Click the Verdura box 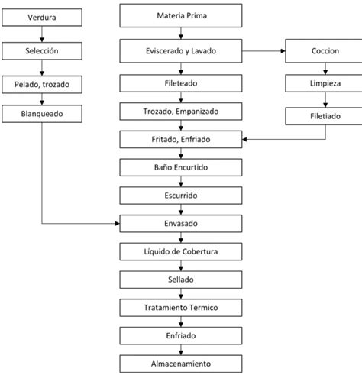(x=41, y=16)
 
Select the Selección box (x=41, y=51)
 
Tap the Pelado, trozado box (x=41, y=83)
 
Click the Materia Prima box (x=181, y=15)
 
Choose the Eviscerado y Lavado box (x=181, y=51)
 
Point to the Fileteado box (x=181, y=83)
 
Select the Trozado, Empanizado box (x=181, y=112)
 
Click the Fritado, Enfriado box (x=181, y=139)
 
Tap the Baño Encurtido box (x=181, y=167)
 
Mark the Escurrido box (x=181, y=196)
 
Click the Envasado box (x=181, y=224)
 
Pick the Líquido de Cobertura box (x=181, y=252)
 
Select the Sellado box (x=181, y=280)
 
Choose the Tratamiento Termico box (x=181, y=308)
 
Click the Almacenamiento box (x=181, y=364)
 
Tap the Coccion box (x=325, y=51)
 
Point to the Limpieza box (x=325, y=83)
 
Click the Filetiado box (x=325, y=116)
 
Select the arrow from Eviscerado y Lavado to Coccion (x=263, y=51)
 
